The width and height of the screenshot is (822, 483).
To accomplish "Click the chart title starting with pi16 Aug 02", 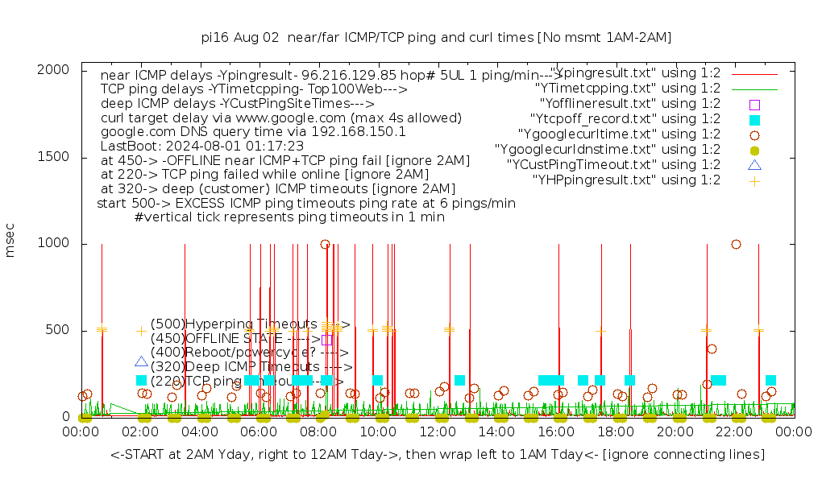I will pyautogui.click(x=436, y=37).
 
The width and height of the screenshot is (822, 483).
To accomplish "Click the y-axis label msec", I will pyautogui.click(x=10, y=241).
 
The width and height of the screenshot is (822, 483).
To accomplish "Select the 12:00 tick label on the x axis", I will pyautogui.click(x=438, y=432).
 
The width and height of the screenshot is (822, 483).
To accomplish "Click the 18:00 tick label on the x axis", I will pyautogui.click(x=616, y=432).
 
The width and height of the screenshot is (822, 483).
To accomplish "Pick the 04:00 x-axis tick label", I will pyautogui.click(x=200, y=432).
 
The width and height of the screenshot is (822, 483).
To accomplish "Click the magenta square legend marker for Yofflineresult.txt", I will pyautogui.click(x=754, y=104).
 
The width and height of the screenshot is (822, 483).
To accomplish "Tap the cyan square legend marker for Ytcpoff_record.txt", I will pyautogui.click(x=754, y=119).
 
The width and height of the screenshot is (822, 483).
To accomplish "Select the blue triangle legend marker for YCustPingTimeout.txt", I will pyautogui.click(x=754, y=165).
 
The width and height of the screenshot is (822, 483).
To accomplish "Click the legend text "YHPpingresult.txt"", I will pyautogui.click(x=626, y=180).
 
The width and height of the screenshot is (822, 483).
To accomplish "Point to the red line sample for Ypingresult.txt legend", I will pyautogui.click(x=754, y=73).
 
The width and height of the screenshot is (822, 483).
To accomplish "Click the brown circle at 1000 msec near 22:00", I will pyautogui.click(x=736, y=244).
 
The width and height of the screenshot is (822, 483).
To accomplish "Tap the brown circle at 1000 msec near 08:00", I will pyautogui.click(x=325, y=244).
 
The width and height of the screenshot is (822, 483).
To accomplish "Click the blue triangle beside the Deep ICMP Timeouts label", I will pyautogui.click(x=142, y=362).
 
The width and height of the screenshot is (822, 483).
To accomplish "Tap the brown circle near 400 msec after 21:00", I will pyautogui.click(x=712, y=349).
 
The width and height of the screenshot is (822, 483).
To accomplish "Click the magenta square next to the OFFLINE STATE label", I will pyautogui.click(x=326, y=339).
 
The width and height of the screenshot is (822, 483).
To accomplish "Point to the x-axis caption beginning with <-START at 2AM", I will pyautogui.click(x=438, y=455).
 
